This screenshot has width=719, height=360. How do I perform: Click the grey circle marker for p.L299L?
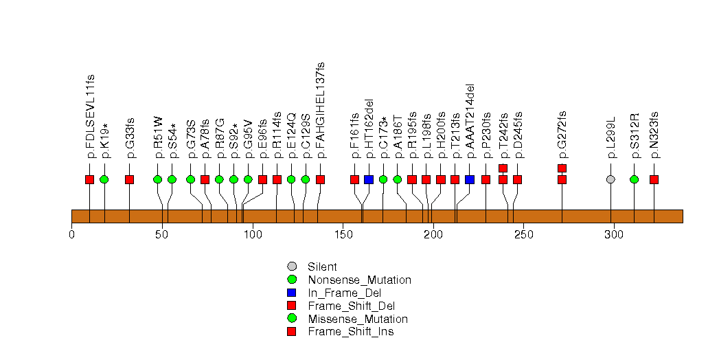[x=611, y=179]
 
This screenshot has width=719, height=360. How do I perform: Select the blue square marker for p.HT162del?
[x=369, y=179]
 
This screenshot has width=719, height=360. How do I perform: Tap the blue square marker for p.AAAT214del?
[x=470, y=179]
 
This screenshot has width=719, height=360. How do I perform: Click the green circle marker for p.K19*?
[x=104, y=179]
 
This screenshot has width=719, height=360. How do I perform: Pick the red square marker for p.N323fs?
[x=654, y=179]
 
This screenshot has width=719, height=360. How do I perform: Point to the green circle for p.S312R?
[x=634, y=179]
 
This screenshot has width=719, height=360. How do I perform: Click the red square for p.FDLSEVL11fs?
[x=89, y=179]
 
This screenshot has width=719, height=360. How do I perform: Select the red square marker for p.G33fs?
[x=129, y=179]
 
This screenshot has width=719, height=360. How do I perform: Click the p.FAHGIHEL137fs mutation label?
[x=320, y=110]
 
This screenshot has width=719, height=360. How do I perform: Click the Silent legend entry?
[x=322, y=267]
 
